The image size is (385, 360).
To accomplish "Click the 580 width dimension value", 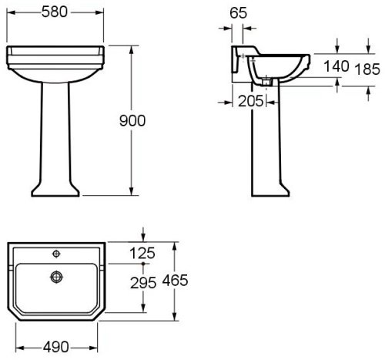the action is [55, 12].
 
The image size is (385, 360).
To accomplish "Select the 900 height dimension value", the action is [132, 120].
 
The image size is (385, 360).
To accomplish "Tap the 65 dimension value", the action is [238, 13].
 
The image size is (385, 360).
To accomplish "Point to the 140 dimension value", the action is [336, 66].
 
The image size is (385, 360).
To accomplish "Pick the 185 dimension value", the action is [367, 69].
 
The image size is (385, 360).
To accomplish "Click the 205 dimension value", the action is [251, 101].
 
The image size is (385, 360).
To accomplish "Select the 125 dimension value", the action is [142, 254].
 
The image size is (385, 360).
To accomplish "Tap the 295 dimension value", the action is [143, 283].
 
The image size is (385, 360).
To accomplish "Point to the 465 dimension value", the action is [175, 280].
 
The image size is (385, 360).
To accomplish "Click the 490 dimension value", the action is [56, 348].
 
